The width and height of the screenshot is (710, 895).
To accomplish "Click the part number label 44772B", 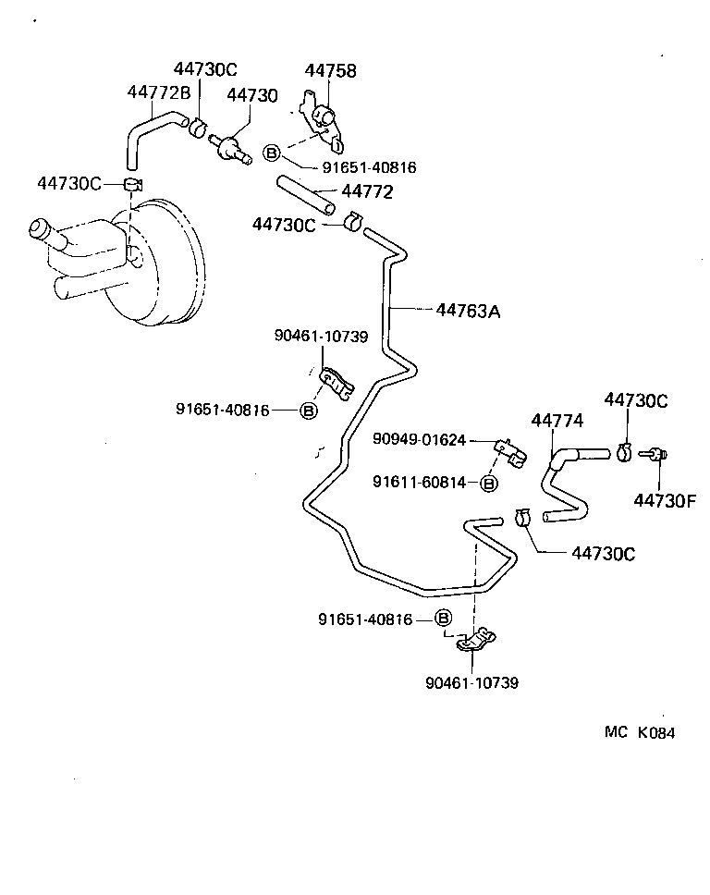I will point(158,92).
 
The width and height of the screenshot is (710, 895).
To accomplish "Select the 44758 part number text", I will point(330,71).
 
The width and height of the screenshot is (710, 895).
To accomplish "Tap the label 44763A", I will point(468,312).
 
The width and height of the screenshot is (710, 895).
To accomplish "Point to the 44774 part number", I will point(557,421).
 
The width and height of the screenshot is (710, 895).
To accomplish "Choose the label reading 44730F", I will point(663,500).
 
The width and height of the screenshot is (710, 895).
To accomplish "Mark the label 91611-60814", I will point(419,482).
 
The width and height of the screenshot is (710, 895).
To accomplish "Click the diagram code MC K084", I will point(640,732).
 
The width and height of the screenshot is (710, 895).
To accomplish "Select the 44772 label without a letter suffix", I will point(367,192).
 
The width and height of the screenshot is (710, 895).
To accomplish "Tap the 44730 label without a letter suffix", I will point(251,95).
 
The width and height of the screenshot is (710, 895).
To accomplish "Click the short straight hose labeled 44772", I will point(304,196).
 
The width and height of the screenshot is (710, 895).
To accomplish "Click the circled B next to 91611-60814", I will point(490,483).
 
